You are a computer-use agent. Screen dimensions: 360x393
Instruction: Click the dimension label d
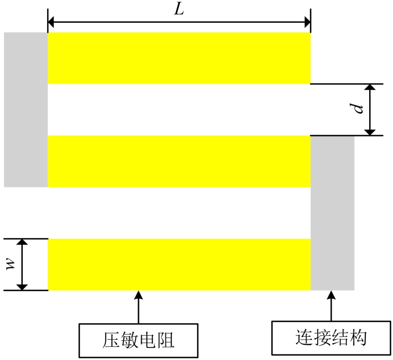(x=359, y=109)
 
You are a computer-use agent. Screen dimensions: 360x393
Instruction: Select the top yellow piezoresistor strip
(x=179, y=58)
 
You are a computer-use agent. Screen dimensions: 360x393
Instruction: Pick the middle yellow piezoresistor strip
(x=179, y=161)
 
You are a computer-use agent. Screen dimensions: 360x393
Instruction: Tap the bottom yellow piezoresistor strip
(x=179, y=264)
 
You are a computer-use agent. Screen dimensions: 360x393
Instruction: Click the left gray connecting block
(x=26, y=109)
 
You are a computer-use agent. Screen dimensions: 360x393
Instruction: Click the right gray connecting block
(x=332, y=213)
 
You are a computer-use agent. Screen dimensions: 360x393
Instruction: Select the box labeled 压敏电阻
(x=137, y=340)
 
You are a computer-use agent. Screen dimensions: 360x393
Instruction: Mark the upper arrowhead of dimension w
(x=22, y=243)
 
